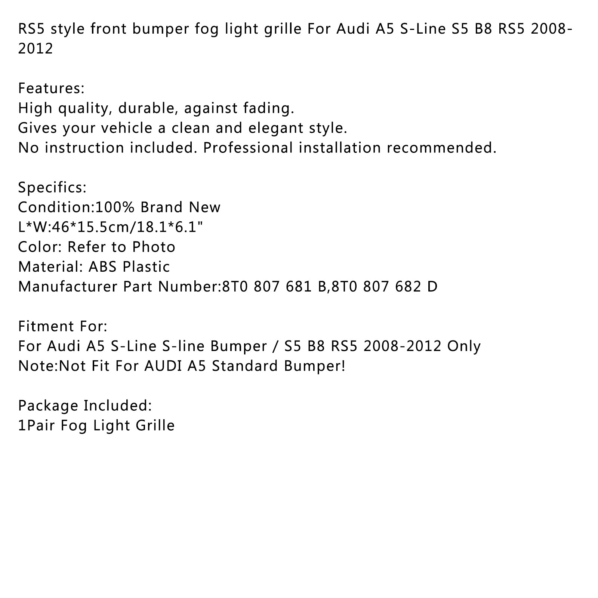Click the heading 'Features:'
point(52,89)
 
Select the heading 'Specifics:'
point(52,187)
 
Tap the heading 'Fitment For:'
point(63,326)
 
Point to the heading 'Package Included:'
point(85,406)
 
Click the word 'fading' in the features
point(274,108)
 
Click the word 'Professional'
point(248,148)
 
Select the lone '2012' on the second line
point(36,49)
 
